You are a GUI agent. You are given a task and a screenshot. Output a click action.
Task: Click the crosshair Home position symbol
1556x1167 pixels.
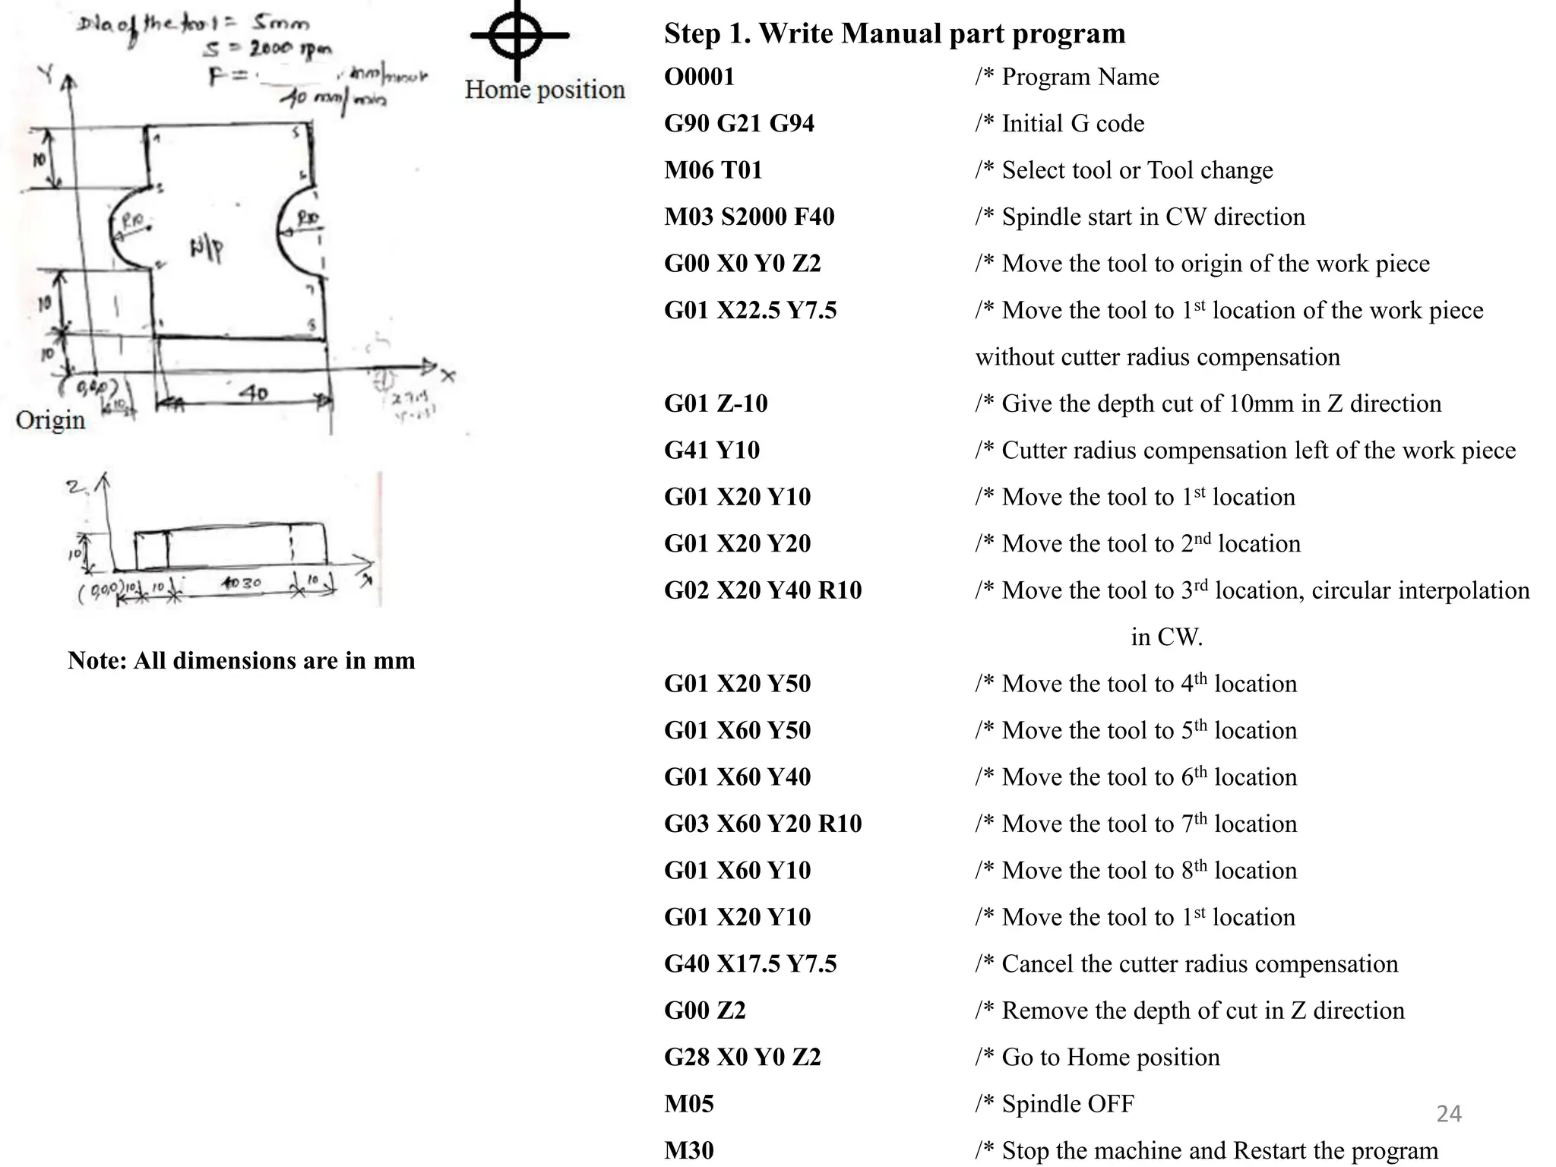518,35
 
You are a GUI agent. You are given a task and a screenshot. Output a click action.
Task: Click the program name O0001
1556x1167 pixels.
699,77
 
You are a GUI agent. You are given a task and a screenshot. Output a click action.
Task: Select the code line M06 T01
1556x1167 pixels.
713,170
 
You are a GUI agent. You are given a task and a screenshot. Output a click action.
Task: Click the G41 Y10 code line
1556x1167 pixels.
711,450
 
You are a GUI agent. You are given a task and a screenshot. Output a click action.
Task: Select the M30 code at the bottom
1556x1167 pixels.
688,1150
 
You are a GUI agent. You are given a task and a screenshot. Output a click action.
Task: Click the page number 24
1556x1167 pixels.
1448,1114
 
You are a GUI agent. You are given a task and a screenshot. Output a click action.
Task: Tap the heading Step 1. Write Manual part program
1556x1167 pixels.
894,33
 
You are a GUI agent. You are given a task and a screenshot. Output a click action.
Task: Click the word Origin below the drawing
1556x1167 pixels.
50,420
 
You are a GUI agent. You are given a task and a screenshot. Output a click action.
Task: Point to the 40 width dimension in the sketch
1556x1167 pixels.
253,393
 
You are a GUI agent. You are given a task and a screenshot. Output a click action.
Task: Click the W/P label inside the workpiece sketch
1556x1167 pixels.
206,248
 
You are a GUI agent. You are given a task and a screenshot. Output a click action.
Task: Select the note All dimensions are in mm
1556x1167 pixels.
241,660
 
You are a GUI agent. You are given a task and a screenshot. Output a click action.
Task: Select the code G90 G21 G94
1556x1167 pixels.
738,123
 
